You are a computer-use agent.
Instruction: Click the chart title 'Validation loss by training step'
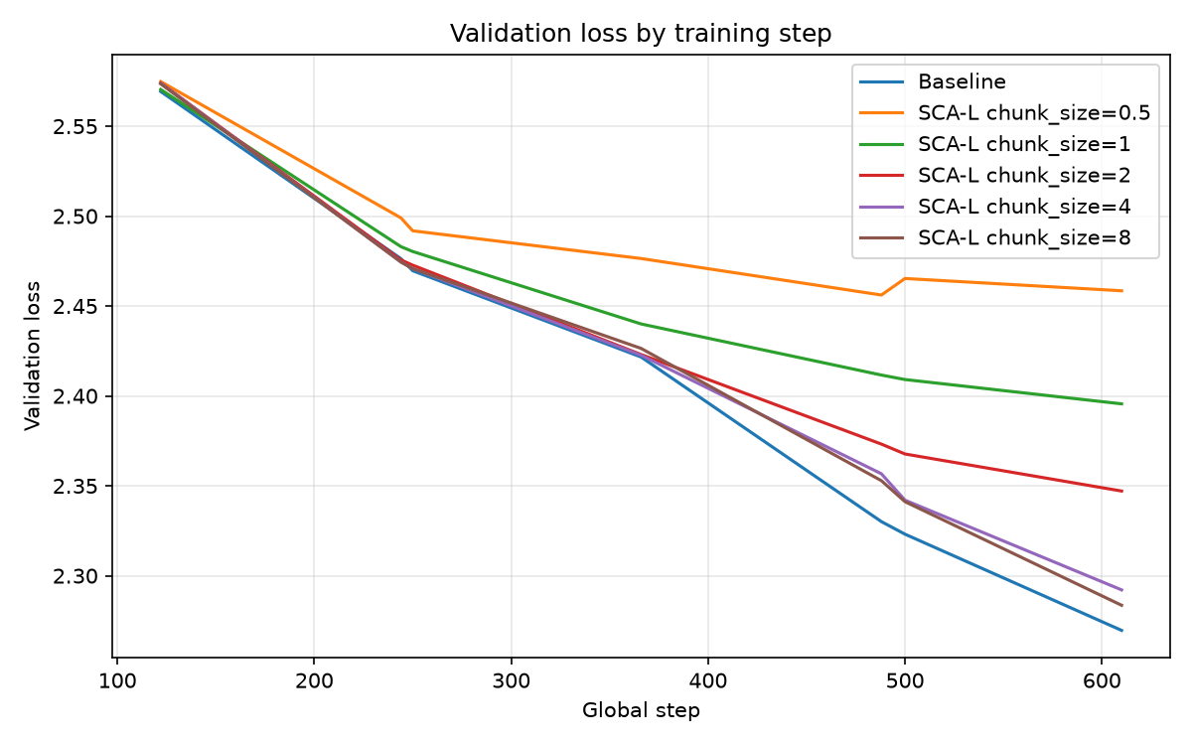click(641, 34)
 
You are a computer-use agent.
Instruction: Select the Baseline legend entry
click(933, 81)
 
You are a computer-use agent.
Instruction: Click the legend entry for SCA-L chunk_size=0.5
click(1004, 113)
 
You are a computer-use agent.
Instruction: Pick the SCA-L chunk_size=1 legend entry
click(994, 144)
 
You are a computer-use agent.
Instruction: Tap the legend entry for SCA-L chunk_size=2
click(994, 175)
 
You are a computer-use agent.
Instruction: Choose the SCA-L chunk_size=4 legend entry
click(994, 207)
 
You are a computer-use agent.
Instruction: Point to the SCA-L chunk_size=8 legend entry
click(994, 237)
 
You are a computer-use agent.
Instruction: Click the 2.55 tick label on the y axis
click(74, 127)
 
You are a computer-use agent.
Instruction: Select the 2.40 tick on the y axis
click(74, 397)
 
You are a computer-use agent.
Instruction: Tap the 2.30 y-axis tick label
click(74, 577)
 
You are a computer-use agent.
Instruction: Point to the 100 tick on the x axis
click(117, 681)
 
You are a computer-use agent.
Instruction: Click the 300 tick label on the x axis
click(512, 681)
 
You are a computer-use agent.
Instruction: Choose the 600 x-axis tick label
click(1102, 681)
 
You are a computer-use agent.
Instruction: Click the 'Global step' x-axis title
click(641, 711)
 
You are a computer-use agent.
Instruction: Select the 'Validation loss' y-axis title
click(33, 356)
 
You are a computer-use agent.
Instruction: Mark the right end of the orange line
click(1122, 290)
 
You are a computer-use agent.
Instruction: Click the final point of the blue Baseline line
click(1122, 631)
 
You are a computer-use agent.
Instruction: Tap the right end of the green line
click(1122, 404)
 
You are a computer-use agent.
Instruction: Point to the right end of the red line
click(1122, 491)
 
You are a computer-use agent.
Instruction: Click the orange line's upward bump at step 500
click(905, 278)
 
